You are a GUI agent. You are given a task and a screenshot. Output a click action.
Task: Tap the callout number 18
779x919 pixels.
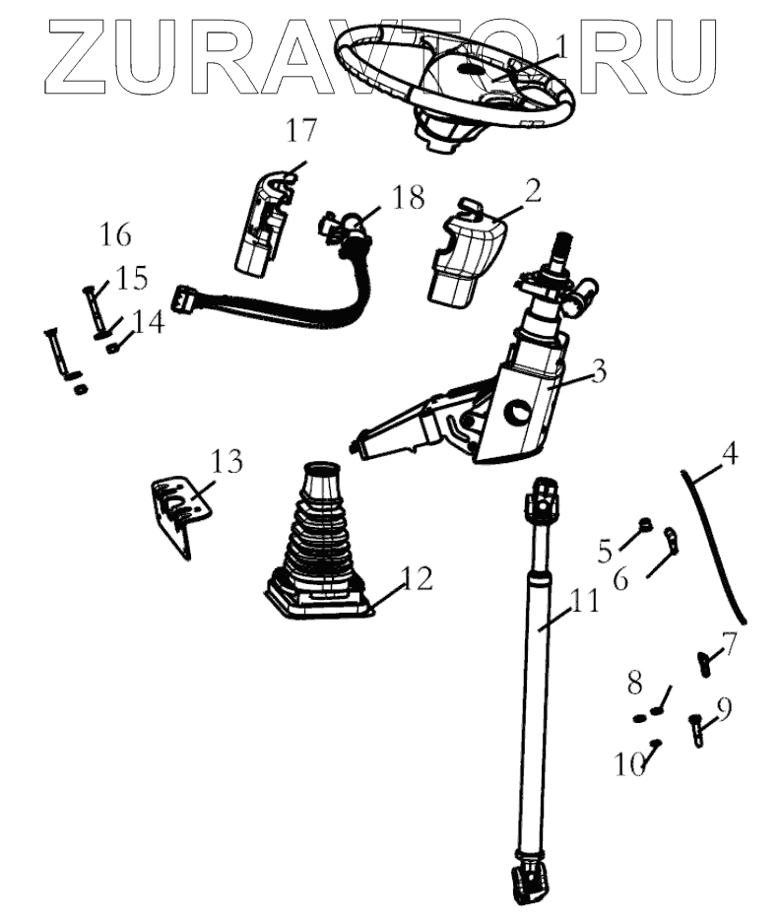click(x=407, y=198)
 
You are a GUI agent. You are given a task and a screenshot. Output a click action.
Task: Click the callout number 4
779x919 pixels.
click(x=729, y=454)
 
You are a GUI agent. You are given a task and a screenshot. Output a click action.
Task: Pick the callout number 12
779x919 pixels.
click(x=417, y=579)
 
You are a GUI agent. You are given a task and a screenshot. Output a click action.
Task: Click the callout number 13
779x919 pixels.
click(x=227, y=461)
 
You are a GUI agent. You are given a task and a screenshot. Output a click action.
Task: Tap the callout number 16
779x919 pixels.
click(x=115, y=235)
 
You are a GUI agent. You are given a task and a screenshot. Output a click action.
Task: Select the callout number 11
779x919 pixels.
click(x=584, y=600)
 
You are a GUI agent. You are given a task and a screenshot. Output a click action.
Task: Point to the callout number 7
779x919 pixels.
click(x=730, y=644)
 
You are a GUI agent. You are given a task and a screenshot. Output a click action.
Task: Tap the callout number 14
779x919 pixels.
click(x=149, y=322)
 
